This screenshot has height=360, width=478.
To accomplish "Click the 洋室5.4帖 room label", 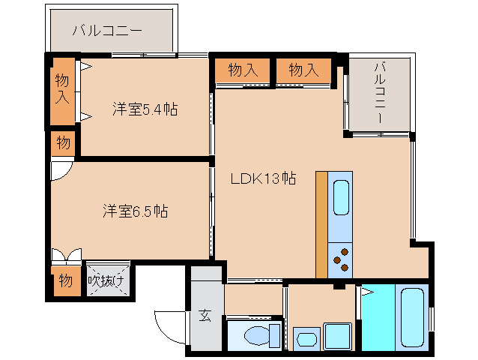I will (x=145, y=109).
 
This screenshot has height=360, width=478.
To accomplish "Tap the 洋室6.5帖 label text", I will (x=135, y=211).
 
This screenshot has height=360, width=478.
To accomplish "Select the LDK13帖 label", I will (x=261, y=178).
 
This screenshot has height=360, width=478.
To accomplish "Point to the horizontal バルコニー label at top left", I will (x=107, y=31).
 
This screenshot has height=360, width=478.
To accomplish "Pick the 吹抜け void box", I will (x=107, y=281).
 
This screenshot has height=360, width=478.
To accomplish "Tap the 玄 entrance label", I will (x=205, y=316).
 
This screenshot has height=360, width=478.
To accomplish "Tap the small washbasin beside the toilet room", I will (x=306, y=339).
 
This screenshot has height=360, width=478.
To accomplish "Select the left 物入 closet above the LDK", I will (x=243, y=70).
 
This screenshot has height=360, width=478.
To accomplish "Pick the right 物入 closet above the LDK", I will (x=303, y=70).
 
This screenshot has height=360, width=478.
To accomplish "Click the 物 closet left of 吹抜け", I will (x=65, y=281).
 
